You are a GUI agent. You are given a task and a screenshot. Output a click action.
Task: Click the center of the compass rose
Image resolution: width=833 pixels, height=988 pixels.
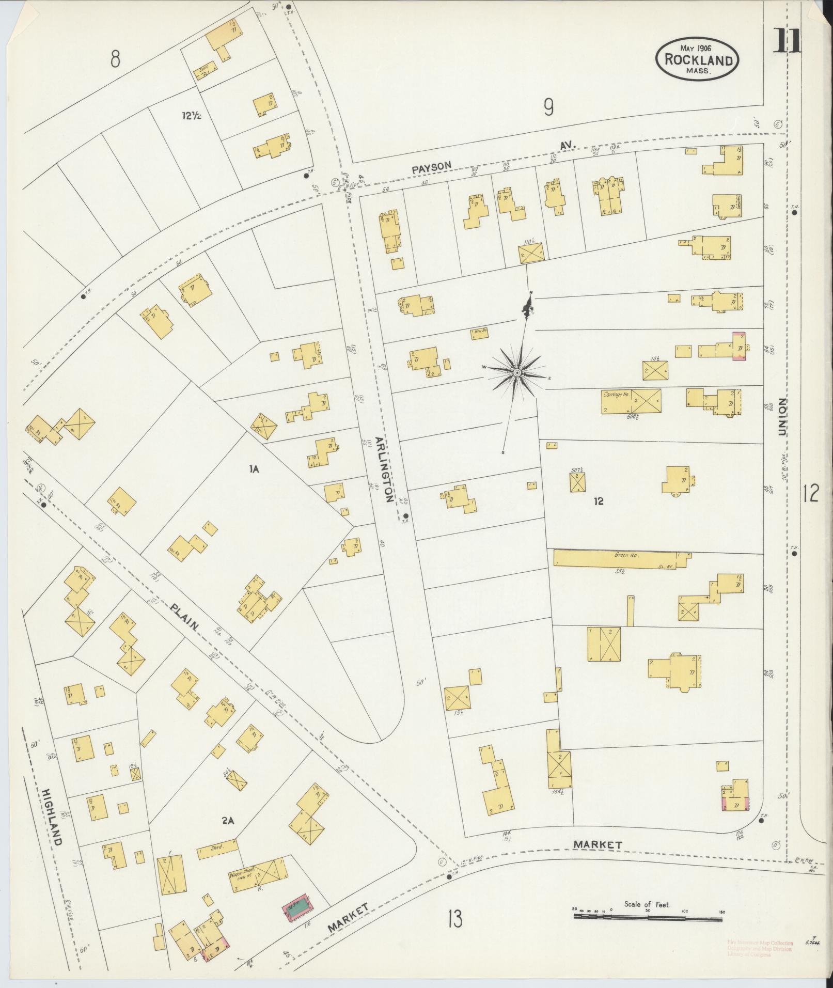[516, 372]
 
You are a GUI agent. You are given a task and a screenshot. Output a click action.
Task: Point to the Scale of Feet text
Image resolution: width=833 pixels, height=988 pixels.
[647, 904]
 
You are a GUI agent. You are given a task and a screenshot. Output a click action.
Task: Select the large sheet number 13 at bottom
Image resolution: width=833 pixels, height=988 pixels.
[454, 919]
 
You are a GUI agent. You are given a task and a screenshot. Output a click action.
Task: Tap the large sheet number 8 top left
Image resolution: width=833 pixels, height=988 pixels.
[115, 59]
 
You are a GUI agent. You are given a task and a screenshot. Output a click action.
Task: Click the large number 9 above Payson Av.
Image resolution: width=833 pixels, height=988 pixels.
[548, 107]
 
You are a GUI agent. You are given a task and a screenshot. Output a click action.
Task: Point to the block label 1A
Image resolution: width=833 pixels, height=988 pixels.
[253, 469]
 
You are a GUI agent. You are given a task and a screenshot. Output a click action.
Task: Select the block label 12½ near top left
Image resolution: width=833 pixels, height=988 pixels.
[191, 115]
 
